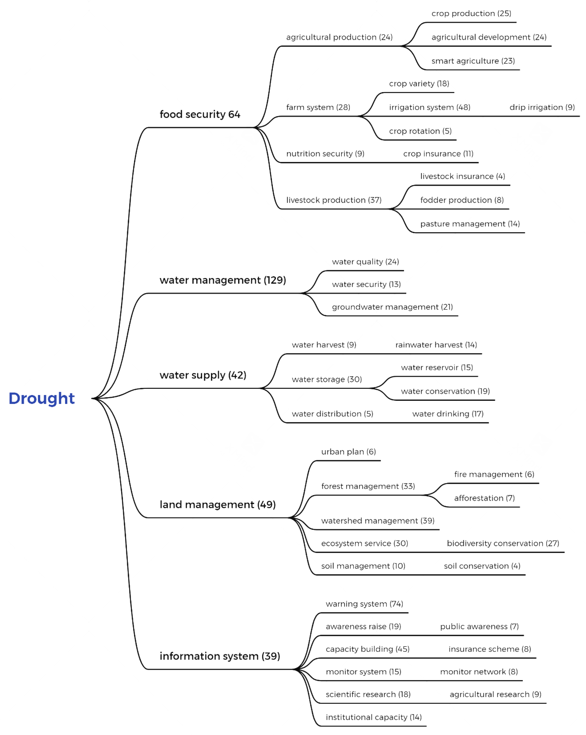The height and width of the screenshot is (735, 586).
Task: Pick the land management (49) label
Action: pyautogui.click(x=217, y=505)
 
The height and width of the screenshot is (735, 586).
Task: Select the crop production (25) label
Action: pyautogui.click(x=471, y=14)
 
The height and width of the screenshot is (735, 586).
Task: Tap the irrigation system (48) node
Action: pyautogui.click(x=430, y=107)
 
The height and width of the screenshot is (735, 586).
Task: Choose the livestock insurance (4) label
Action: pyautogui.click(x=462, y=176)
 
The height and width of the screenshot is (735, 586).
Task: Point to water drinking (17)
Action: pyautogui.click(x=448, y=414)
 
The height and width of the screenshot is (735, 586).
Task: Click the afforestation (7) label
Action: pyautogui.click(x=484, y=498)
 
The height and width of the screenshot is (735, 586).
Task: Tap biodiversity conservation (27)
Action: pyautogui.click(x=503, y=543)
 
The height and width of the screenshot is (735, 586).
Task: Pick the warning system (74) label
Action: pyautogui.click(x=364, y=604)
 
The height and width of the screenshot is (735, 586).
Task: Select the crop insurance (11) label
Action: pyautogui.click(x=438, y=154)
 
